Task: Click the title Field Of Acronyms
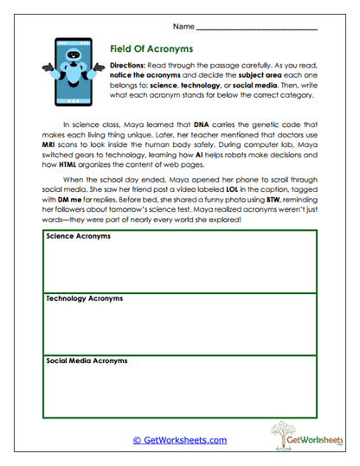[x=151, y=49]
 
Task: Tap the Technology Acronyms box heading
[x=83, y=297]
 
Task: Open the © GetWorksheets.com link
[x=179, y=440]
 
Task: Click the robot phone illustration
[x=70, y=70]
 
